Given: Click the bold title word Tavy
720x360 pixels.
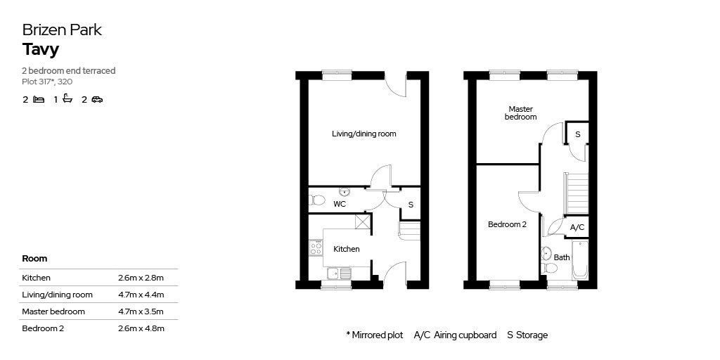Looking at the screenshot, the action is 41,50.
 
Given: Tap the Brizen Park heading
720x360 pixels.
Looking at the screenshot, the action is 62,30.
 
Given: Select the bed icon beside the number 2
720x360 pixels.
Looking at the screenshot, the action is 39,99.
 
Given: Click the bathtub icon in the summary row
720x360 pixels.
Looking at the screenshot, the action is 67,98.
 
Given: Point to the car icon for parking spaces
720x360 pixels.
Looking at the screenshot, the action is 97,99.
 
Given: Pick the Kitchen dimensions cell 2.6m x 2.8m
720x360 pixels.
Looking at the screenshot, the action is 141,278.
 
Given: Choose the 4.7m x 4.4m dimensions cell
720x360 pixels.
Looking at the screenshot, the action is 141,295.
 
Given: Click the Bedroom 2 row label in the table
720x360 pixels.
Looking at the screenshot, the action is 43,328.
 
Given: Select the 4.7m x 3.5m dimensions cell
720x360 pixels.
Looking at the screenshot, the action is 141,311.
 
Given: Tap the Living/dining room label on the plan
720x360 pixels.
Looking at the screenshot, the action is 364,134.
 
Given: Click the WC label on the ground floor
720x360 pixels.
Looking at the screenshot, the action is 340,204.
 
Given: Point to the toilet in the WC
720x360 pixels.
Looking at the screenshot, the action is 317,200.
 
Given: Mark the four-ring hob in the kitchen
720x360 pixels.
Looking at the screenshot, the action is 316,248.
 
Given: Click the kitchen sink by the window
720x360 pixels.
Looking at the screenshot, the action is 340,274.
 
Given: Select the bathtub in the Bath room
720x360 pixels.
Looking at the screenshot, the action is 580,260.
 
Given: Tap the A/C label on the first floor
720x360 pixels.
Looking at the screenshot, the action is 577,227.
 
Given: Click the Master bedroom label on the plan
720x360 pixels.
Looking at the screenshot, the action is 521,113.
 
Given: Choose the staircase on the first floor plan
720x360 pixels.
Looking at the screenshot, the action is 576,193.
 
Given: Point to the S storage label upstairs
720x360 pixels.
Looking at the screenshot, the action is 578,134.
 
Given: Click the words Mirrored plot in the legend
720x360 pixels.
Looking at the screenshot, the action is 378,335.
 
